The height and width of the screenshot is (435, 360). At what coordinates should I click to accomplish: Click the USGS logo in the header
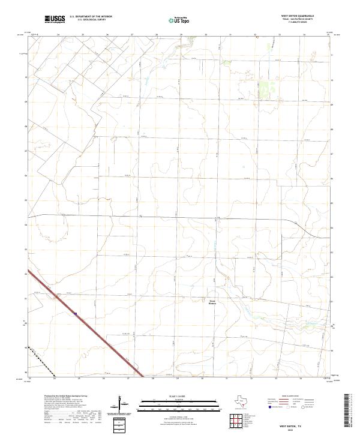point(55,19)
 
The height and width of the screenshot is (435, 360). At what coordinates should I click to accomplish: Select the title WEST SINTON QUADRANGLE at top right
point(298,16)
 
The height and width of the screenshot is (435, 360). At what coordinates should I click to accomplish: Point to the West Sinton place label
point(212,302)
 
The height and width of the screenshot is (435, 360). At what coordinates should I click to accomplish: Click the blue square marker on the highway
point(76,313)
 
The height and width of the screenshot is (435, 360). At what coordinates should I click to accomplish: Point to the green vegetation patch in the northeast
point(265,90)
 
